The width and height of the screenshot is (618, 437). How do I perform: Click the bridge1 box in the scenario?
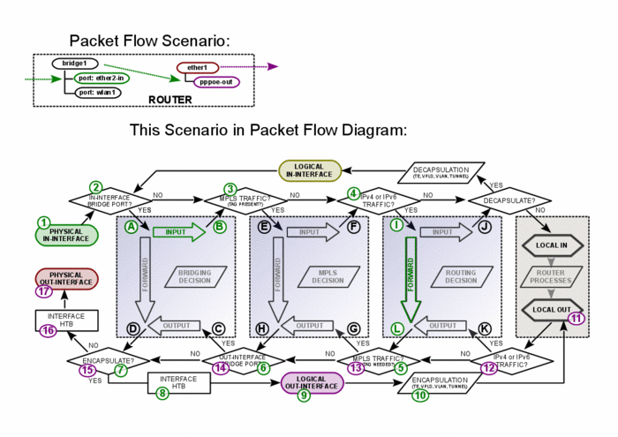point(74,64)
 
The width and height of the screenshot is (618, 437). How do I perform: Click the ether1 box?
point(197,68)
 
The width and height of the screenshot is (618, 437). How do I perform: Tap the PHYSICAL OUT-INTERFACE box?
point(66,279)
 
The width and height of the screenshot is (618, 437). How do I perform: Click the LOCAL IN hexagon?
point(553,243)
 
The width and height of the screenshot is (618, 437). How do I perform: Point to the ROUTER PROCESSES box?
point(553,275)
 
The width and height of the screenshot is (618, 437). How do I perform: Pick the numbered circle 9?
point(304,396)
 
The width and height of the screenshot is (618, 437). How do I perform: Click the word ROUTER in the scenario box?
point(170,99)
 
